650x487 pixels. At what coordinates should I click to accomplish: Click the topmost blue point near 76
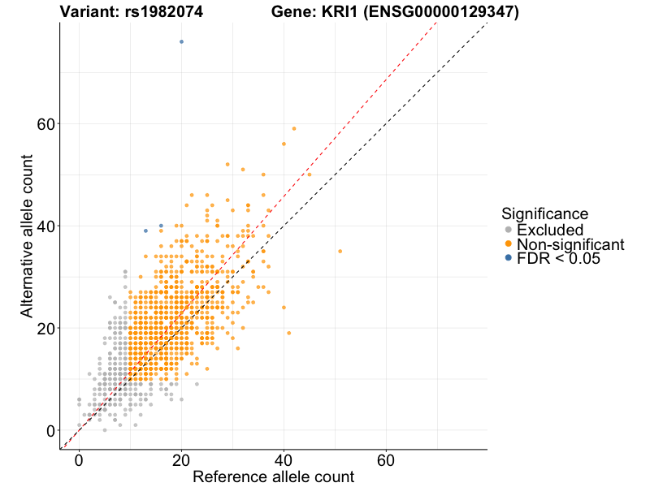[181, 41]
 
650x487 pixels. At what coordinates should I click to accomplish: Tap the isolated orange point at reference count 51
[340, 251]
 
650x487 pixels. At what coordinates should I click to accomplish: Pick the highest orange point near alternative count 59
[294, 128]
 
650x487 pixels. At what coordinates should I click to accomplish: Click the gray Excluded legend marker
[509, 230]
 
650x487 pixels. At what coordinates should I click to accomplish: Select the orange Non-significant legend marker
[509, 243]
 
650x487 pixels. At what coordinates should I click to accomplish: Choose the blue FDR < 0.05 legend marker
[509, 257]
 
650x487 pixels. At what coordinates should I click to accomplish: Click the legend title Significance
[544, 213]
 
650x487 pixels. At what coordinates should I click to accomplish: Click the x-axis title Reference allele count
[273, 476]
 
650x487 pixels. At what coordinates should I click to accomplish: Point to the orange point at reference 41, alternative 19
[288, 333]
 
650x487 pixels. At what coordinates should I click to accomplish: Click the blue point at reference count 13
[145, 231]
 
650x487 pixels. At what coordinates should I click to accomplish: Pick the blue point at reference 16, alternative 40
[161, 226]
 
